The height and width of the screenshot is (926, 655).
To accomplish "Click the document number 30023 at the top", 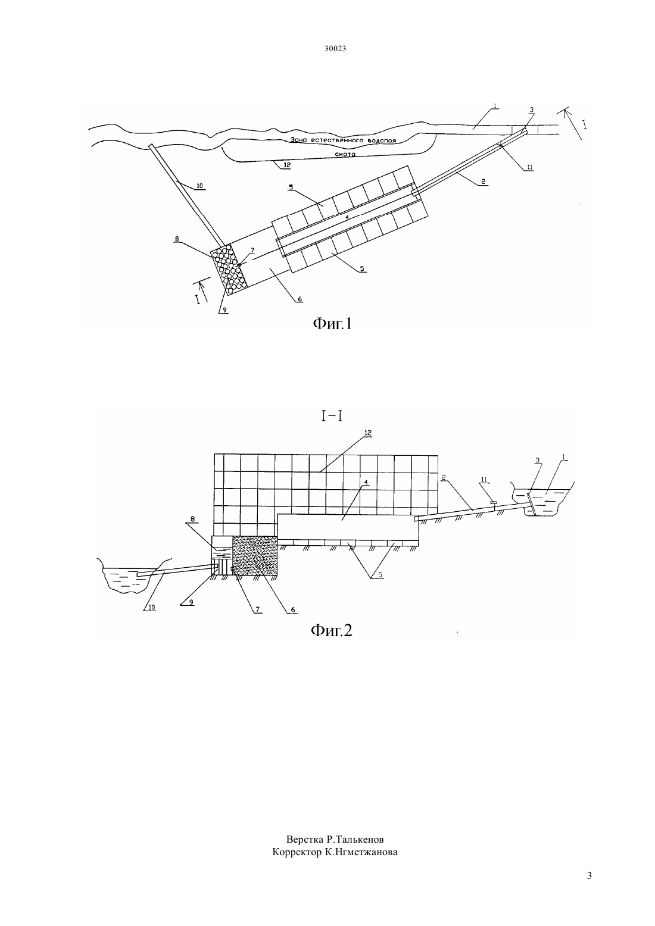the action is (335, 48).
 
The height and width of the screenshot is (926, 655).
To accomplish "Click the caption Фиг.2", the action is (331, 630).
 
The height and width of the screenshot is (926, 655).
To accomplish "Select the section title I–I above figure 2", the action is (332, 416).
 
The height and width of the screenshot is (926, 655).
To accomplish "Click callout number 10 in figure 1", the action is (199, 186).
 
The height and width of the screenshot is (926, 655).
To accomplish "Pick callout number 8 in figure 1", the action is (177, 238).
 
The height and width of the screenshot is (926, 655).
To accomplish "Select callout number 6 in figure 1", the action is (300, 299).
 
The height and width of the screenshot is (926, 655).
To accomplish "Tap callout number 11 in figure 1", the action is (530, 167).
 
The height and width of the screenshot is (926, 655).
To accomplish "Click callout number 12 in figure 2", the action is (367, 433).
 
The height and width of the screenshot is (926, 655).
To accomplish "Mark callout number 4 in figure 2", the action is (366, 482).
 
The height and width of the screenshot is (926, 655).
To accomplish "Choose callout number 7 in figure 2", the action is (257, 610).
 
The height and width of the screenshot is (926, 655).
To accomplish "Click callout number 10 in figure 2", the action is (152, 608).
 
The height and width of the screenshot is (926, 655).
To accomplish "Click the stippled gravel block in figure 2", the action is (255, 555).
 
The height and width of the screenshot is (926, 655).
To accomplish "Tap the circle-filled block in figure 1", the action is (229, 269).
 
